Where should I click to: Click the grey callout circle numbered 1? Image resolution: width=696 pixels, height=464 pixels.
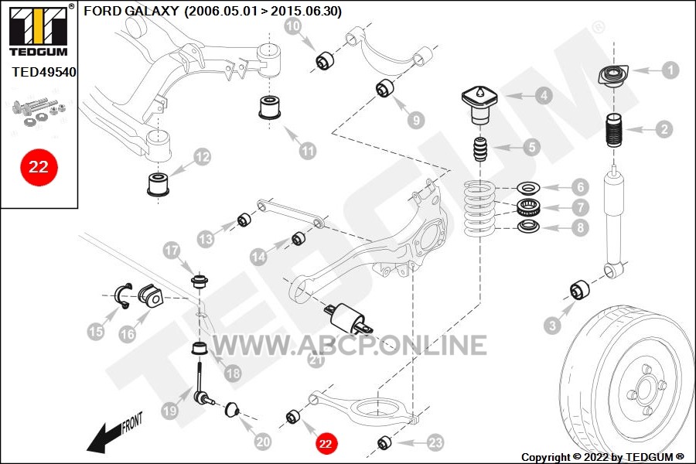[670, 70]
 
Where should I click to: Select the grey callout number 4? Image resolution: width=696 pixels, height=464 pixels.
[544, 95]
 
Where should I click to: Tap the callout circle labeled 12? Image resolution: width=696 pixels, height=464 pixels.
[202, 157]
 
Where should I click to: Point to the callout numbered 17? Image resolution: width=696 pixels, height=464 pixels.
[172, 251]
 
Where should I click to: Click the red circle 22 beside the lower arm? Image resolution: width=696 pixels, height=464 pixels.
[326, 444]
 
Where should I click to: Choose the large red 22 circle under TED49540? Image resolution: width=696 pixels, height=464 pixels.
[39, 167]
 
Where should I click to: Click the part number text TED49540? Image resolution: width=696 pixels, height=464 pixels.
[44, 72]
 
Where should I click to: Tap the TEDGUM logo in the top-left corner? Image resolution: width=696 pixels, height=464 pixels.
[39, 30]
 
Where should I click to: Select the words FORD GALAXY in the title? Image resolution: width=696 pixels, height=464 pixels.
[131, 11]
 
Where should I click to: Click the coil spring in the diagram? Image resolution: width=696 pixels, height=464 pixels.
[479, 208]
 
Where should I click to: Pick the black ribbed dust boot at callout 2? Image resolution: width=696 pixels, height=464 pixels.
[615, 131]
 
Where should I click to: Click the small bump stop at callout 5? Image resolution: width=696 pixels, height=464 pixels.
[481, 150]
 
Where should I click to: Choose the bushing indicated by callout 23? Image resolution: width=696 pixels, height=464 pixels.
[384, 442]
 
